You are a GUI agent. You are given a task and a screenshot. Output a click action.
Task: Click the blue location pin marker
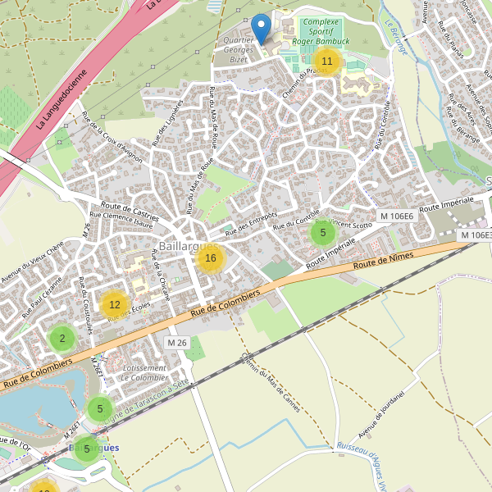click(262, 29)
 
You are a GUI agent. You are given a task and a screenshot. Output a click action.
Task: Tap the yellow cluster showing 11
click(326, 61)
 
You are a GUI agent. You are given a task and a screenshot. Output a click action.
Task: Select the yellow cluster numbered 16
click(211, 259)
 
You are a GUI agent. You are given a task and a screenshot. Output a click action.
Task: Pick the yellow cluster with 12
click(115, 304)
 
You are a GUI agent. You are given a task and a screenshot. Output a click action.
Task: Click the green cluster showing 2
click(62, 338)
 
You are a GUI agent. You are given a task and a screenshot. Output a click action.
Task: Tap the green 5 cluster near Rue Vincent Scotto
click(323, 233)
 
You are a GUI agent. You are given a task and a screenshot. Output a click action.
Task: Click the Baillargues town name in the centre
click(189, 246)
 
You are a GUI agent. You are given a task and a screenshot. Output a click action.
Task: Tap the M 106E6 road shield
click(395, 216)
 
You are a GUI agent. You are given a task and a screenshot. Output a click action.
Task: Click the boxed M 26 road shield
click(177, 342)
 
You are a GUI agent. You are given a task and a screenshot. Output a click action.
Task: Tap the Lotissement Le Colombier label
click(144, 373)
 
